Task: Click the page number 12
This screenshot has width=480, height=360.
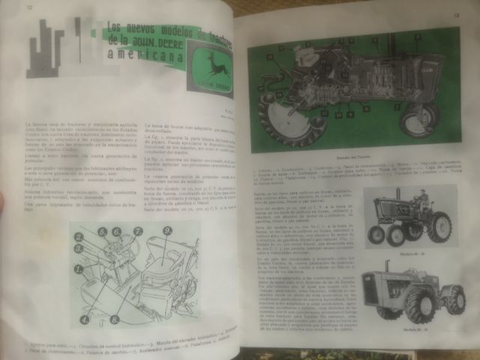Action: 29,10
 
